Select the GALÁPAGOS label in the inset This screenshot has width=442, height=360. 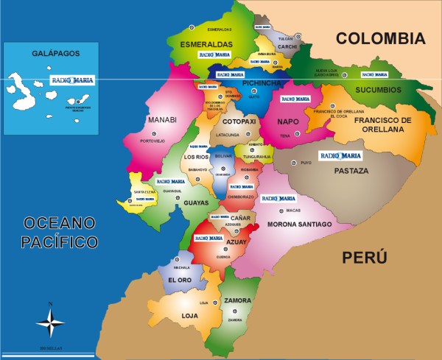point(51,54)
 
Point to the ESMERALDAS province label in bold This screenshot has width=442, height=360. point(206,44)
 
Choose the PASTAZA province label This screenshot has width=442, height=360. point(351,170)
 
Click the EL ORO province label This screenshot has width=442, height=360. point(180,280)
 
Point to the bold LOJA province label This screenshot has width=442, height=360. point(190,316)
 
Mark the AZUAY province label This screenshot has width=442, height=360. point(237,241)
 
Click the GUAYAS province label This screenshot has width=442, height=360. point(196,202)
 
